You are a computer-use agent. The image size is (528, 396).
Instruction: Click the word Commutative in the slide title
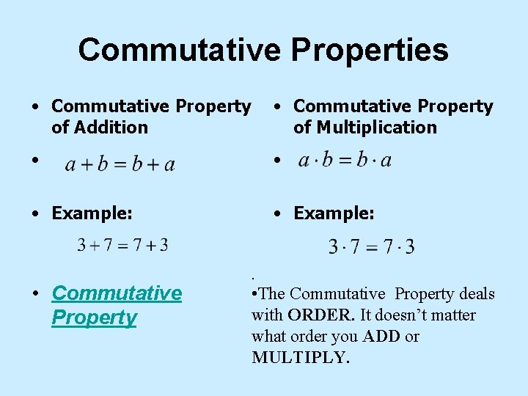179,50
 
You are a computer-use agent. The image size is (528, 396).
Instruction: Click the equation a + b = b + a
120,164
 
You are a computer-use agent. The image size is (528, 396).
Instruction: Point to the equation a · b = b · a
345,160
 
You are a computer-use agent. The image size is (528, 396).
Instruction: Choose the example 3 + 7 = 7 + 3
122,245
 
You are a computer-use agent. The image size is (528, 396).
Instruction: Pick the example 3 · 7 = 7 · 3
371,246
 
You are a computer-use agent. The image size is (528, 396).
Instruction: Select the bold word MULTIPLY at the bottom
299,358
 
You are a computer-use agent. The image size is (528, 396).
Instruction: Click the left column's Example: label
92,213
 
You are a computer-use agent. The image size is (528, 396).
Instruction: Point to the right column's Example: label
334,213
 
